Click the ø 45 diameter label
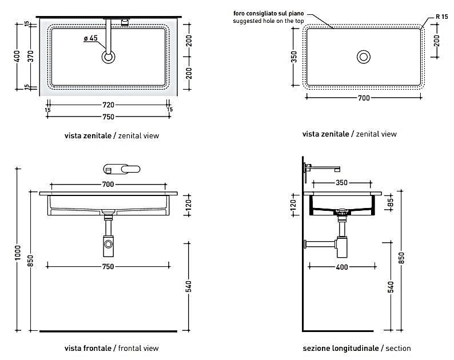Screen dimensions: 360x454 pyautogui.click(x=91, y=38)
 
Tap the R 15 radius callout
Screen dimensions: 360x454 pyautogui.click(x=441, y=17)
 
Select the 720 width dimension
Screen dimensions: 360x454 pyautogui.click(x=108, y=105)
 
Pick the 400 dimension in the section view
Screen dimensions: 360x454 pyautogui.click(x=343, y=267)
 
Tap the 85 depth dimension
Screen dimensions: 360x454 pyautogui.click(x=390, y=202)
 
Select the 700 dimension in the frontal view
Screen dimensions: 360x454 pyautogui.click(x=108, y=184)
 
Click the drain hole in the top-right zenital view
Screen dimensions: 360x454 pyautogui.click(x=363, y=56)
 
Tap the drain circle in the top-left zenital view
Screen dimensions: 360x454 pyautogui.click(x=108, y=56)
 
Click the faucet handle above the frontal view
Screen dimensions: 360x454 pyautogui.click(x=122, y=170)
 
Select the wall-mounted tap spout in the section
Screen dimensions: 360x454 pyautogui.click(x=322, y=167)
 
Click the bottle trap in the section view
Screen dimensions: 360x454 pyautogui.click(x=343, y=245)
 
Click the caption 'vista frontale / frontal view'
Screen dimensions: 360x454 pyautogui.click(x=111, y=348)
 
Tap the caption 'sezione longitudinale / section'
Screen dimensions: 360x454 pyautogui.click(x=357, y=348)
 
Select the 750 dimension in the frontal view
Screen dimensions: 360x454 pyautogui.click(x=108, y=267)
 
